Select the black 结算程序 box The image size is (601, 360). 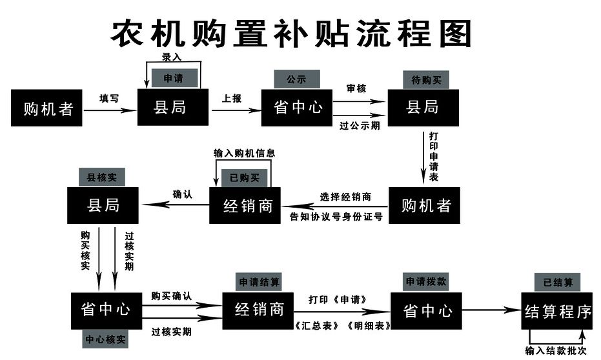click(558, 311)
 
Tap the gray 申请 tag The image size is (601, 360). click(172, 79)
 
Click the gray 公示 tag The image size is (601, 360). click(296, 79)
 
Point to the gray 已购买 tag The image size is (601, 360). click(243, 177)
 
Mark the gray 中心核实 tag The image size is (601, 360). click(106, 339)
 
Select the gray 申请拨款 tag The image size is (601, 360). click(426, 282)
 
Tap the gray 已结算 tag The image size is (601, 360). click(557, 282)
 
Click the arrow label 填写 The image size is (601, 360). click(109, 98)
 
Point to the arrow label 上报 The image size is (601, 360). click(232, 98)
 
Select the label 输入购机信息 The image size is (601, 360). click(245, 154)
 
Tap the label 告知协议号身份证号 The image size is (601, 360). click(336, 217)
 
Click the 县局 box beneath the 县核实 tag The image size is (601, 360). click(103, 206)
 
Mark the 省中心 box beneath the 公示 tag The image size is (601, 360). click(297, 107)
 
